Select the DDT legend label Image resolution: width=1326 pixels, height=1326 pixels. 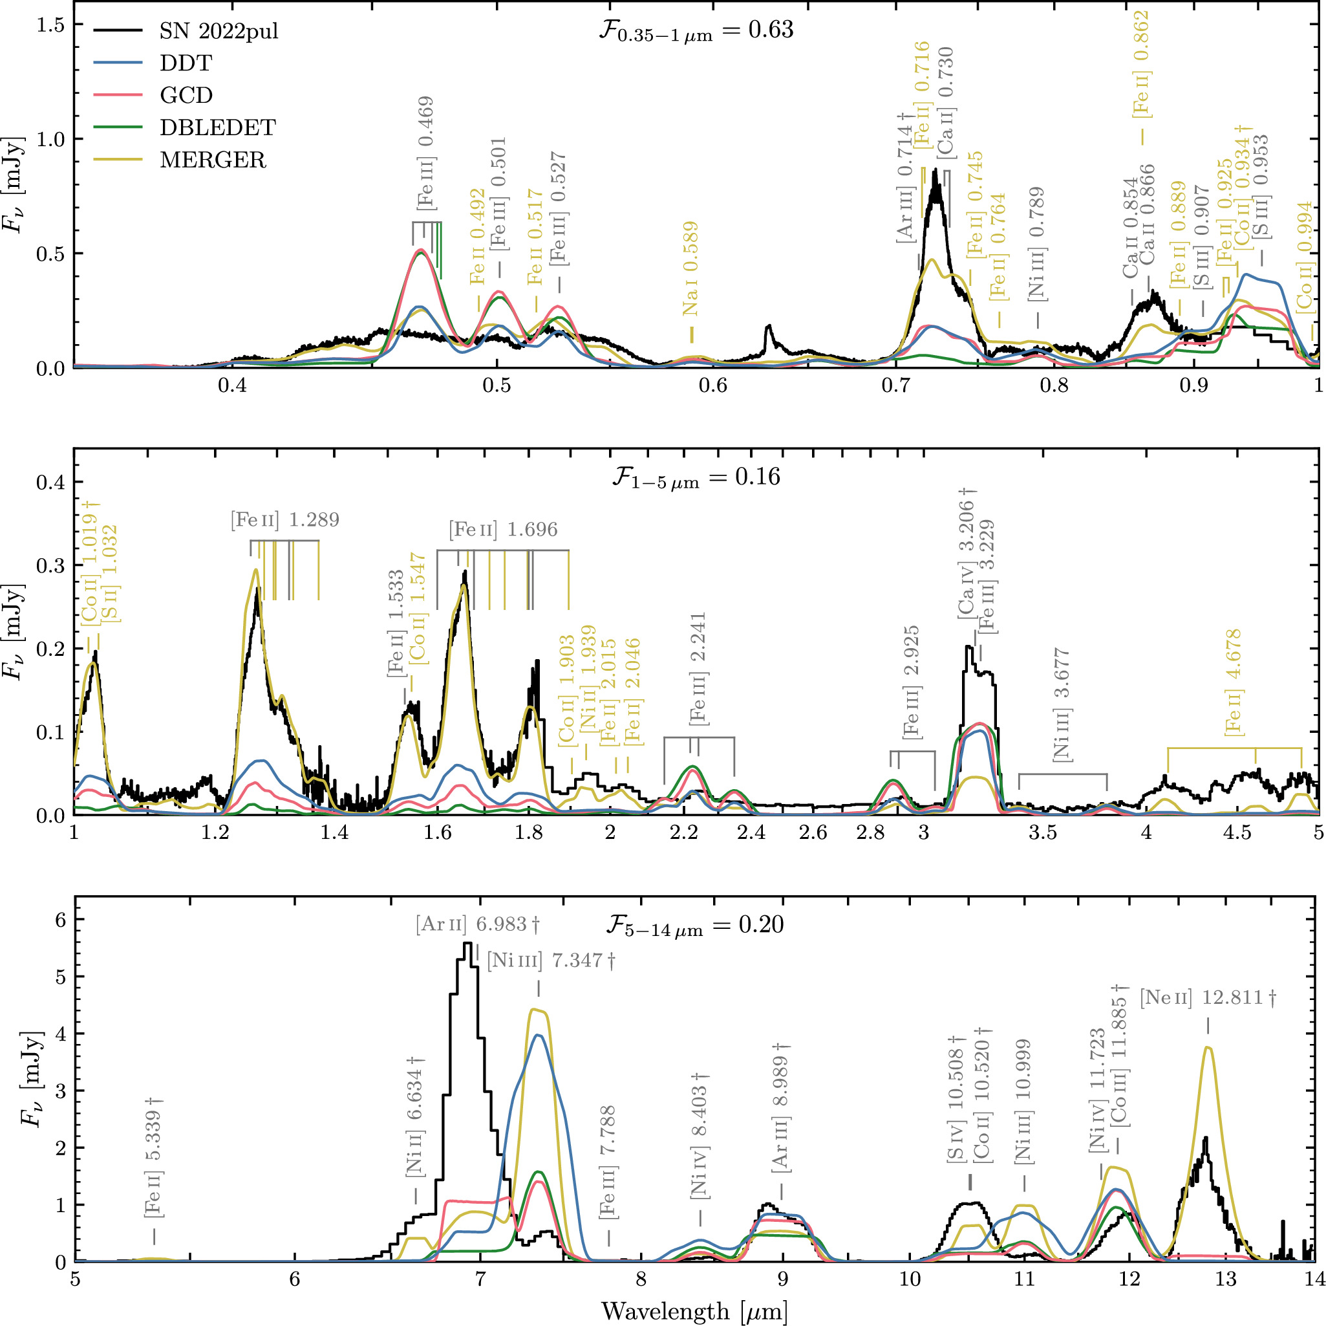tap(186, 63)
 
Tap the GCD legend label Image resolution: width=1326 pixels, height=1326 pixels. tap(186, 95)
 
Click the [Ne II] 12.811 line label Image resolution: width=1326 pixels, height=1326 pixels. tap(1207, 997)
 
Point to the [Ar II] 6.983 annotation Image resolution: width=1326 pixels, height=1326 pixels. tap(477, 924)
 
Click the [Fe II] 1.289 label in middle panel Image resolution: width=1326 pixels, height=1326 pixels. tap(285, 520)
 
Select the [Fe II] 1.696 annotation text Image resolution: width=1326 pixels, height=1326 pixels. tap(503, 530)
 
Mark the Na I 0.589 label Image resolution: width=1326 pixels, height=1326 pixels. tap(690, 268)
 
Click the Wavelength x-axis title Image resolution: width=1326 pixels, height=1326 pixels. tap(694, 1311)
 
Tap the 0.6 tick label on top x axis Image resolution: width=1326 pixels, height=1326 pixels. tap(712, 386)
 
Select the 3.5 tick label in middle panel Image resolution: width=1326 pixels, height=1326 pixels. tap(1043, 833)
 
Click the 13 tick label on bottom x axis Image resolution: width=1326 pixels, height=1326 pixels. tap(1225, 1279)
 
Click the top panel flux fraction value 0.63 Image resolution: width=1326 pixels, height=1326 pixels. tap(772, 30)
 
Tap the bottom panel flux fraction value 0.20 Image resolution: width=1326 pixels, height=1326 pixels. tap(761, 925)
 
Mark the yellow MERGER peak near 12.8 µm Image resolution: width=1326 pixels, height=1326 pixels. tap(1207, 1047)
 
